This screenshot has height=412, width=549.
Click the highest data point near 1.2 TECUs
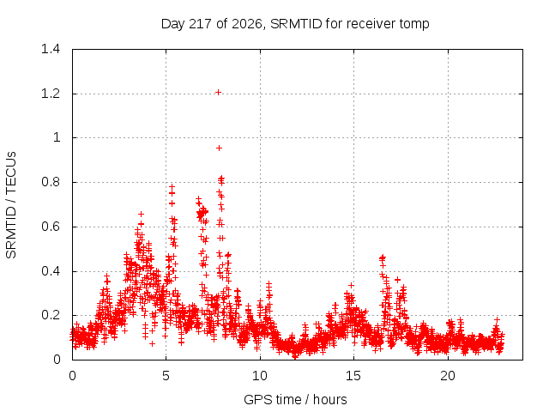(x=218, y=93)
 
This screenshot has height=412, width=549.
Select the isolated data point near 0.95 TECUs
(x=220, y=148)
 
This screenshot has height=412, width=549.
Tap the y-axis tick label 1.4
(x=51, y=49)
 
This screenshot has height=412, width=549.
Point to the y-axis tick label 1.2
(x=51, y=94)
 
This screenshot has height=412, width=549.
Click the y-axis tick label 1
(x=57, y=137)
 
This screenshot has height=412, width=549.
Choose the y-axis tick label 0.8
(x=51, y=182)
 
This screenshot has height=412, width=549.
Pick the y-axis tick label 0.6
(x=51, y=227)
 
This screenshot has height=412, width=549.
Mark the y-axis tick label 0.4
(x=51, y=271)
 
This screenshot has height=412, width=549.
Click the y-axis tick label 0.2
(x=51, y=315)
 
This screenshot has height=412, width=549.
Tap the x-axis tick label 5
(x=166, y=376)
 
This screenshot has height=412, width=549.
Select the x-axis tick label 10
(x=259, y=376)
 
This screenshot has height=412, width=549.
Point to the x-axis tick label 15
(x=353, y=376)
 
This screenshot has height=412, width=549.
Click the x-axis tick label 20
(x=448, y=376)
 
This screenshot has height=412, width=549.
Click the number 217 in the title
(x=200, y=24)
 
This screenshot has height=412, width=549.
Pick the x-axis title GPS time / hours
(x=295, y=400)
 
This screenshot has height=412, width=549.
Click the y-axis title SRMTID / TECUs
(x=11, y=205)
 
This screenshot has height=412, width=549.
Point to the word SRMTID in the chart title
(x=296, y=24)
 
